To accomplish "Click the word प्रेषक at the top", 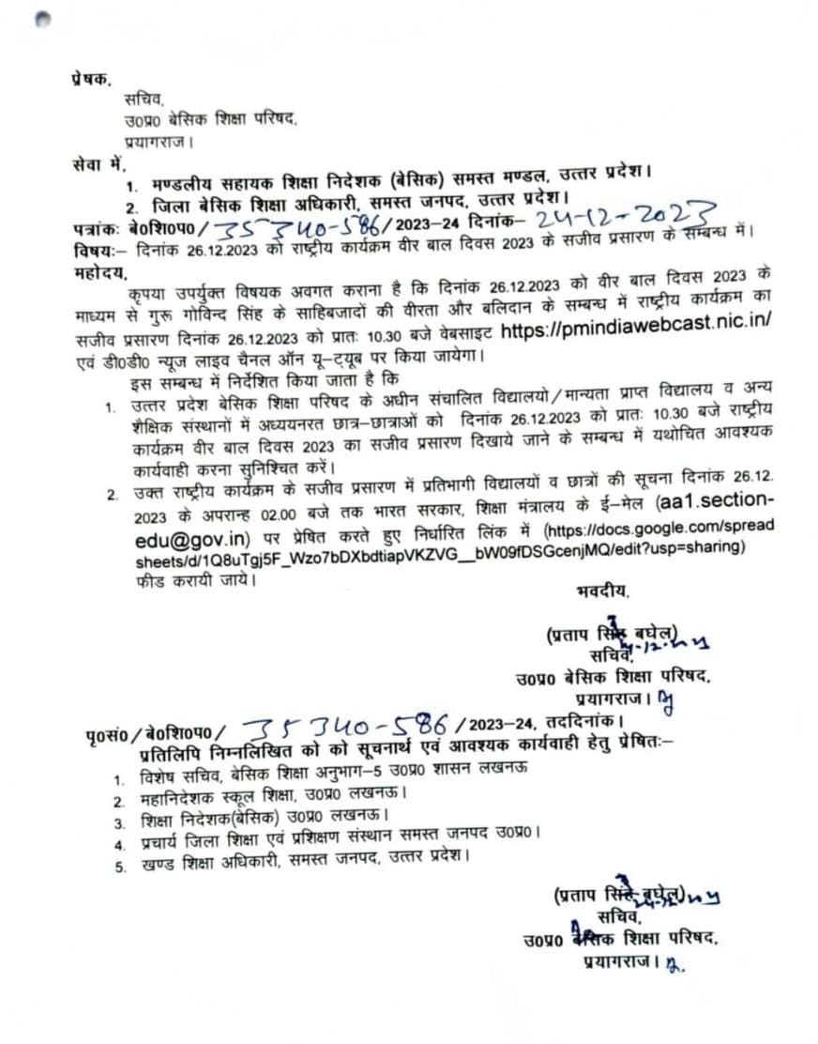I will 91,80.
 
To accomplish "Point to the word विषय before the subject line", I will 95,251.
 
